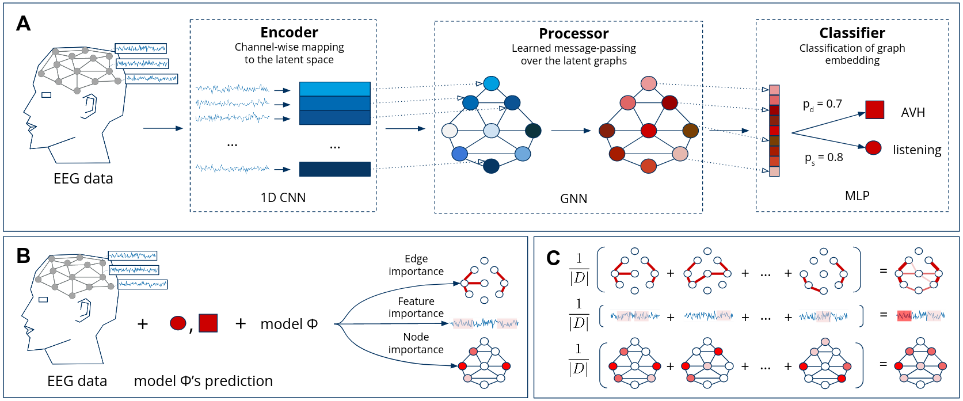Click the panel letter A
pyautogui.click(x=23, y=24)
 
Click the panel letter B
pyautogui.click(x=23, y=256)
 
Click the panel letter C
pyautogui.click(x=553, y=258)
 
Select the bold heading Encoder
pyautogui.click(x=289, y=33)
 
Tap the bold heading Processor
pyautogui.click(x=573, y=34)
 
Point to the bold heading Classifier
pyautogui.click(x=852, y=33)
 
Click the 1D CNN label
pyautogui.click(x=283, y=197)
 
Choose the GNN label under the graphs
pyautogui.click(x=573, y=198)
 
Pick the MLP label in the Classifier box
pyautogui.click(x=857, y=196)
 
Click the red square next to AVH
pyautogui.click(x=874, y=109)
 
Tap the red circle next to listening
pyautogui.click(x=873, y=148)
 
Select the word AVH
pyautogui.click(x=913, y=113)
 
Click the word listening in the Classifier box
pyautogui.click(x=916, y=150)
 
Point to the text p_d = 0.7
pyautogui.click(x=822, y=105)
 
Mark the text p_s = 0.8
pyautogui.click(x=823, y=158)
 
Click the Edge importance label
pyautogui.click(x=416, y=265)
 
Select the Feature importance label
pyautogui.click(x=416, y=307)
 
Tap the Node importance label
pyautogui.click(x=416, y=343)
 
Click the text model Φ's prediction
pyautogui.click(x=203, y=381)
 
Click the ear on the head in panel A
pyautogui.click(x=90, y=106)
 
